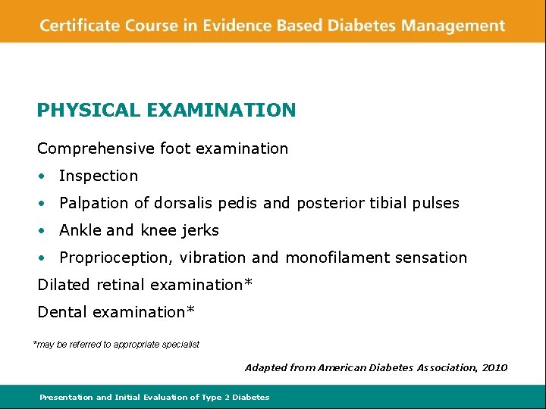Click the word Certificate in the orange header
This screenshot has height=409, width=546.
click(78, 26)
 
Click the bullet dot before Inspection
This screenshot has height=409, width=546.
click(45, 176)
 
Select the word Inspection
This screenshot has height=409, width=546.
click(99, 176)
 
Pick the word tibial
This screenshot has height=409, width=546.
click(390, 203)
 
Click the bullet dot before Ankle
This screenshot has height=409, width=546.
click(45, 231)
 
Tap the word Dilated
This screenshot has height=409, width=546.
click(63, 285)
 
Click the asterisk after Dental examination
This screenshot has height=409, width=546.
click(191, 311)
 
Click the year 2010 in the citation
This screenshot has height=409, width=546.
click(494, 367)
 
